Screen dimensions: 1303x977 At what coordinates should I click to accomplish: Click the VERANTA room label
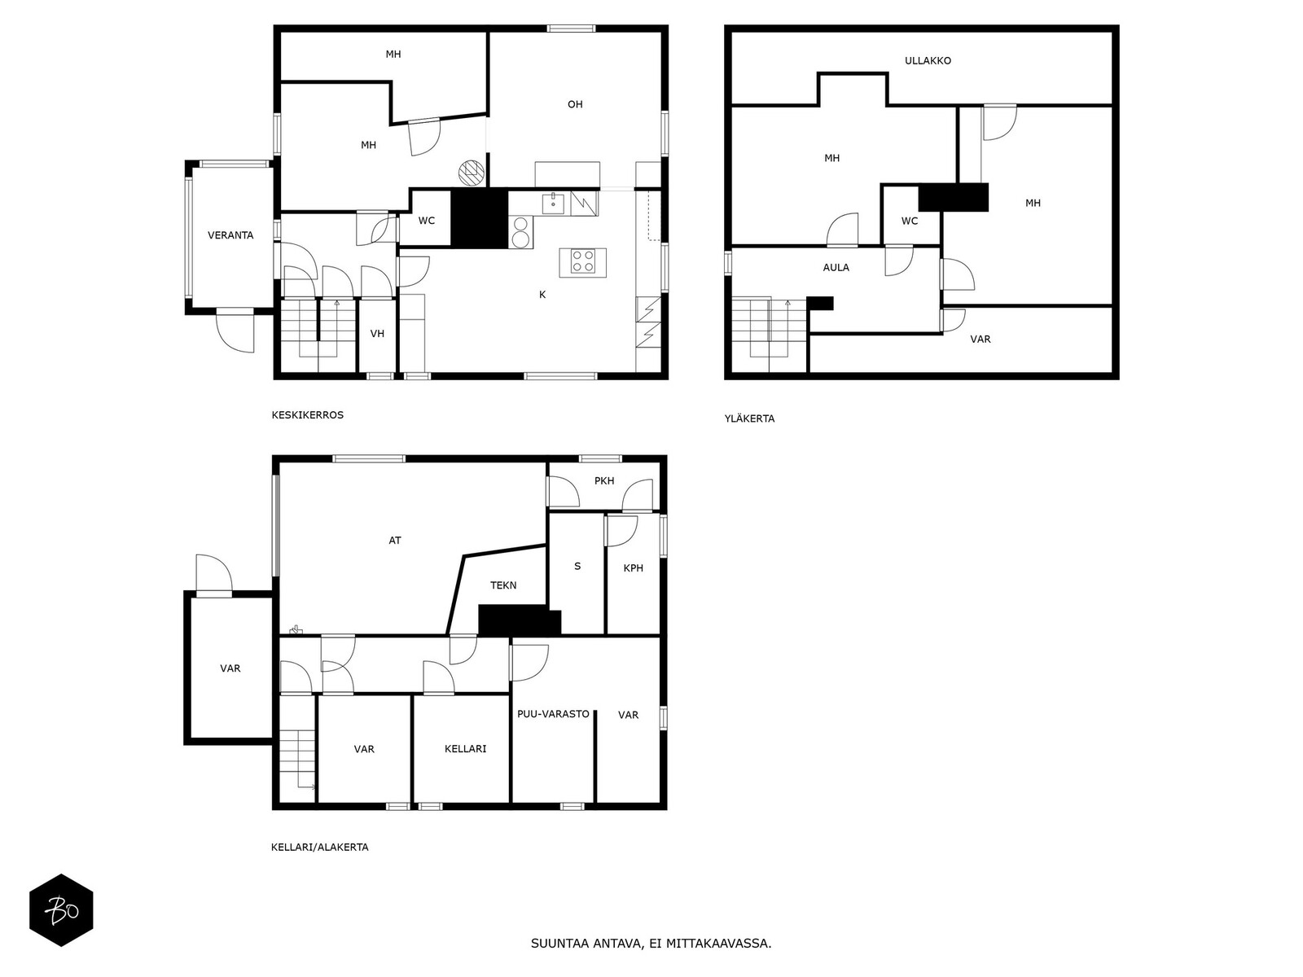(x=230, y=235)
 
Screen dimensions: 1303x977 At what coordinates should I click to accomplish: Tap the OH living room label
(x=575, y=104)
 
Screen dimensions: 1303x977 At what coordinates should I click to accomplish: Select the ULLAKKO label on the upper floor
(x=928, y=60)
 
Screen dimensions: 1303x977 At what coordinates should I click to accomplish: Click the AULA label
(x=836, y=268)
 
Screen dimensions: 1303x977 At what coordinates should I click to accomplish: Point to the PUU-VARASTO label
(x=553, y=714)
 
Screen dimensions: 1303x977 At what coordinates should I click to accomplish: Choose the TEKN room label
(x=502, y=585)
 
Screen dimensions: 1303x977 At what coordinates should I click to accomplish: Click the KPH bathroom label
(x=633, y=567)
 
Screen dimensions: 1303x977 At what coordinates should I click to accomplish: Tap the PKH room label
(x=603, y=480)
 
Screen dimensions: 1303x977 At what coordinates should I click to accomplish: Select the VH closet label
(x=377, y=333)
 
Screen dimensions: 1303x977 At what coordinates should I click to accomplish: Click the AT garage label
(x=395, y=541)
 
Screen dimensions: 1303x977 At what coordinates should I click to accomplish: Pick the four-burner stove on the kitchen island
(x=583, y=261)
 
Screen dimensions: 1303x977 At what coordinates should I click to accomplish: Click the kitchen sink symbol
(x=553, y=203)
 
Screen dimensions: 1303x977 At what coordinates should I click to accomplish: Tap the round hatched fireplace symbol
(x=472, y=173)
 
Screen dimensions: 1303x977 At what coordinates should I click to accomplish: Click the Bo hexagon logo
(x=61, y=910)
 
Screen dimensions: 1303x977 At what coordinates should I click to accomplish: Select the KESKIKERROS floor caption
(x=308, y=415)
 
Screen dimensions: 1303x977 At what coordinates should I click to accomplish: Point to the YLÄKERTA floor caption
(x=749, y=418)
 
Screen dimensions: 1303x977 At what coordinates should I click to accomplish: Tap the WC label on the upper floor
(x=909, y=221)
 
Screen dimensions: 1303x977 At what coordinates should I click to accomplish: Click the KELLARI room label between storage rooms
(x=465, y=748)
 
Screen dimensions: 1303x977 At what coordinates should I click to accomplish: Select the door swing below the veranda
(x=235, y=331)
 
